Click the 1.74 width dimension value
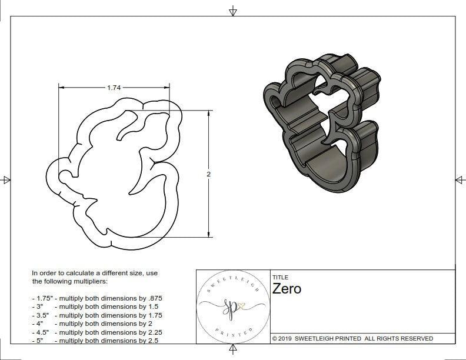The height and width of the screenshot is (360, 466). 114,88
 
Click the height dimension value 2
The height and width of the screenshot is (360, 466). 208,174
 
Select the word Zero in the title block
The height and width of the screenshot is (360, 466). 287,289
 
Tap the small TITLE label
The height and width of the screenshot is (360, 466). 279,278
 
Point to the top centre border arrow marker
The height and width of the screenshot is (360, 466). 233,11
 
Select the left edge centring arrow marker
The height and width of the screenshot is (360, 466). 6,180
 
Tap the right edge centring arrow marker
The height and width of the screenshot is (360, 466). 460,180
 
